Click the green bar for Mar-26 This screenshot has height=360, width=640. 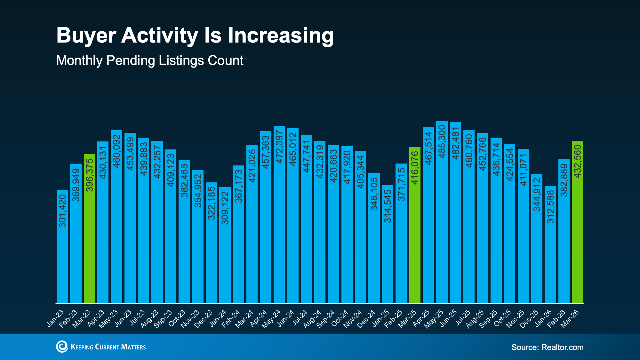pos(577,224)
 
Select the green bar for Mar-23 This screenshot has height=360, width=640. pos(89,230)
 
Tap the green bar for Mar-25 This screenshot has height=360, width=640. pos(415,227)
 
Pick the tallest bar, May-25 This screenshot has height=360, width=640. pos(442,214)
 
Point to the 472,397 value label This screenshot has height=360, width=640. pos(279,147)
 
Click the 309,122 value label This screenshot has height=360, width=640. pos(225,208)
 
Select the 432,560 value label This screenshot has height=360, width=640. pos(577,162)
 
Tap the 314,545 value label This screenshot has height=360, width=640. pos(388,206)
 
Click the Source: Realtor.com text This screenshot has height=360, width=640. pos(547,347)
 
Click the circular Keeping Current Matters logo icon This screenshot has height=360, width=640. pos(62,347)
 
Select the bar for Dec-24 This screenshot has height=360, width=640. pos(374,240)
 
